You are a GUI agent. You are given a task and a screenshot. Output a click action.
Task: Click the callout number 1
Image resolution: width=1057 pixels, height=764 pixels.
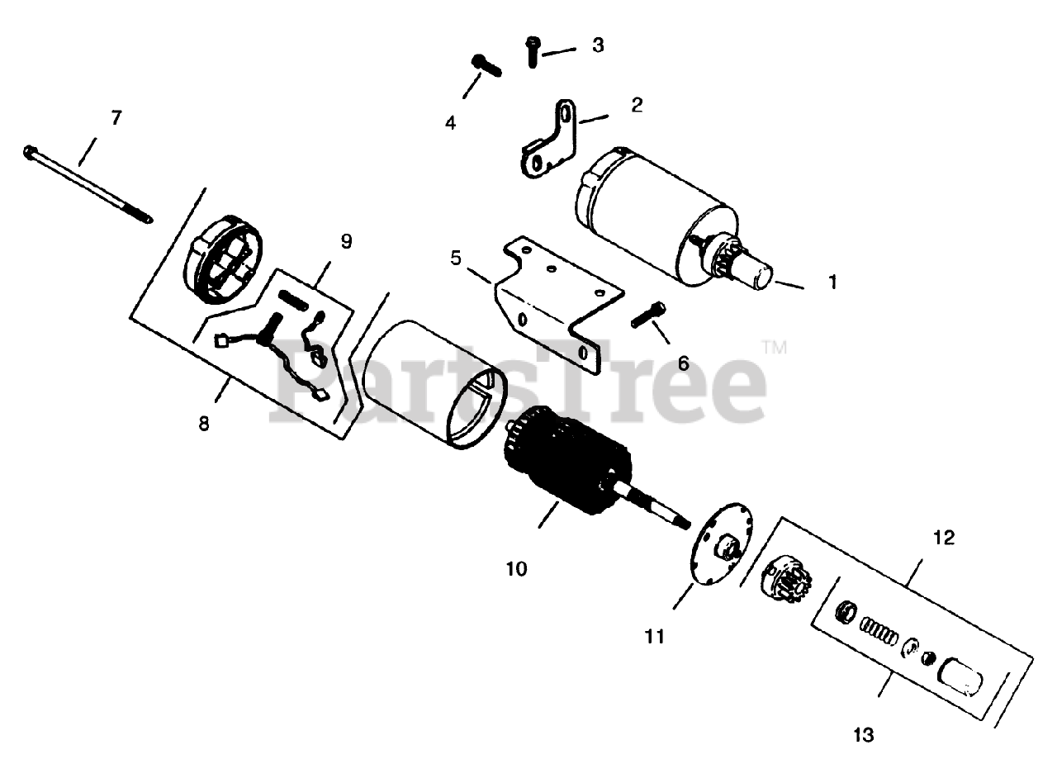point(832,282)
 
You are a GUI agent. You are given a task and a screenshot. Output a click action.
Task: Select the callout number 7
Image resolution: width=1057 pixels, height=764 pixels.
point(116,118)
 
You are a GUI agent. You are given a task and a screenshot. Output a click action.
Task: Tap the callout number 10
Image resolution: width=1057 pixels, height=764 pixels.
point(516,569)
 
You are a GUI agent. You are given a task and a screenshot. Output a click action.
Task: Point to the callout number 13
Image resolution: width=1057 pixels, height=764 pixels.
point(862,734)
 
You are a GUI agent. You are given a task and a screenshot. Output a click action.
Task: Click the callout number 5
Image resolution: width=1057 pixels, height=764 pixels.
point(455,257)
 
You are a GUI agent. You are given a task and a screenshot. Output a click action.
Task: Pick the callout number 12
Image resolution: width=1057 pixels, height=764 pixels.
point(943,538)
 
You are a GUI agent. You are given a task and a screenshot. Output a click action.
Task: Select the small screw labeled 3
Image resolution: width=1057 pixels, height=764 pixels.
point(532,51)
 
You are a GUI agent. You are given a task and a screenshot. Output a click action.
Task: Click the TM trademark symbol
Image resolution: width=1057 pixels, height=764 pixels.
point(774,348)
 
